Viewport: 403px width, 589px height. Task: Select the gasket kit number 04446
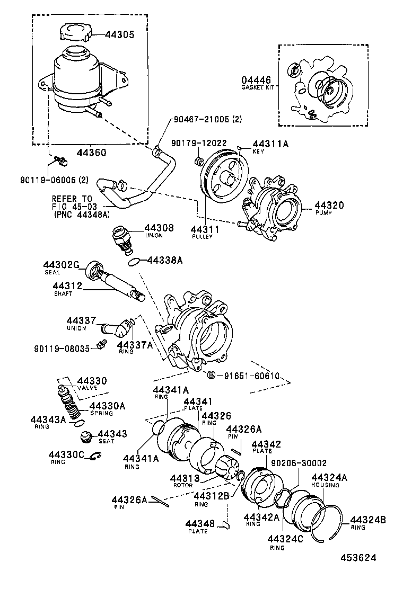coord(257,80)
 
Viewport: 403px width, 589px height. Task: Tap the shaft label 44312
coord(67,287)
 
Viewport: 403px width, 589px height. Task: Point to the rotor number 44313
coord(185,478)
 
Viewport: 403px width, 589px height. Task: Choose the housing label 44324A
coord(329,477)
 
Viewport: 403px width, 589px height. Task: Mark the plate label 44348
coord(200,524)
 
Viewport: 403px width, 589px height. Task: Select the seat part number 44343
coord(112,434)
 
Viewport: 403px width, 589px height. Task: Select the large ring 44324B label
coord(367,520)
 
